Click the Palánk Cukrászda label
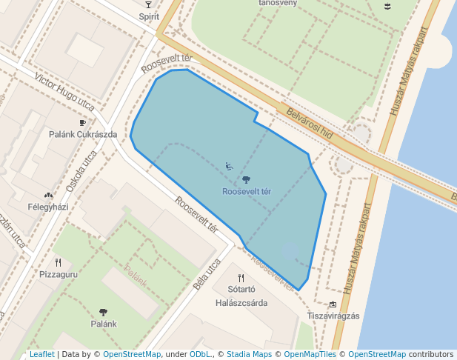[x=83, y=134]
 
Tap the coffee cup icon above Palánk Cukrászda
[x=82, y=123]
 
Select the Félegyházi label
[x=48, y=207]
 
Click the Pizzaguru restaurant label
[x=57, y=274]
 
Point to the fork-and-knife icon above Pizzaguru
[x=57, y=262]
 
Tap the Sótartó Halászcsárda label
[x=241, y=296]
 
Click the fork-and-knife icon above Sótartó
[x=241, y=278]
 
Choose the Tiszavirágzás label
[x=333, y=316]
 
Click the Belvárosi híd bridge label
[x=310, y=126]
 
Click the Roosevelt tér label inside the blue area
[x=246, y=191]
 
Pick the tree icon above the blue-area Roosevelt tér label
[x=246, y=179]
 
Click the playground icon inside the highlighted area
[x=229, y=166]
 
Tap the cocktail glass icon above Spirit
[x=148, y=5]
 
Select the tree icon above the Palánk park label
[x=103, y=312]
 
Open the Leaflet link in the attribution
[x=41, y=354]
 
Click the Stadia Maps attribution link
[x=248, y=354]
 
